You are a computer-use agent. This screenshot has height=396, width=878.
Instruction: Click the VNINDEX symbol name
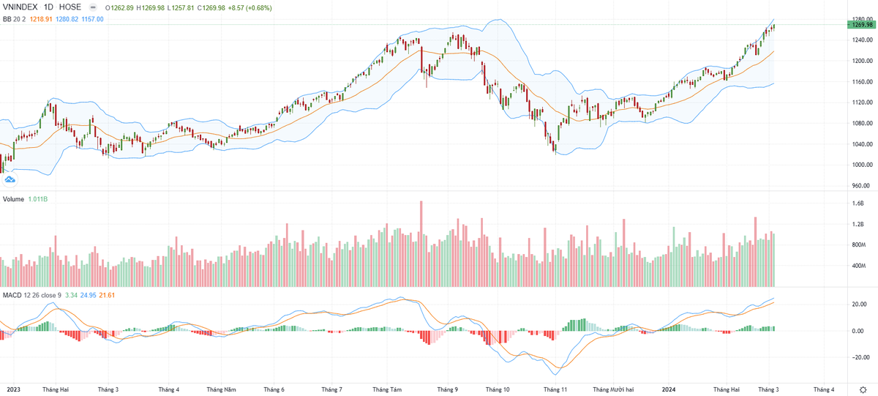tap(21, 7)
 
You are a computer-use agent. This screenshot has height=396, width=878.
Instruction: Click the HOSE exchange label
tap(70, 7)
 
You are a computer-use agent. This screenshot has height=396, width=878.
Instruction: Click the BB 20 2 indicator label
tap(14, 18)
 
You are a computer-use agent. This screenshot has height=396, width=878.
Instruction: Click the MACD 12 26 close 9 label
tap(31, 295)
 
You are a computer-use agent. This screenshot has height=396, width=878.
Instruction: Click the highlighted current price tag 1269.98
tap(863, 25)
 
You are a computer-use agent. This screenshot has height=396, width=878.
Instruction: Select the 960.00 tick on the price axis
tap(861, 186)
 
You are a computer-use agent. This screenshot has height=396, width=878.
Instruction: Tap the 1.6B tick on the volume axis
tap(858, 204)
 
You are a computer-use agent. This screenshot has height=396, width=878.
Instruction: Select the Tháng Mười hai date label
tap(613, 389)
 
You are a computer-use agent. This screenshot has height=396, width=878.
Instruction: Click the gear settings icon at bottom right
tap(864, 389)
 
